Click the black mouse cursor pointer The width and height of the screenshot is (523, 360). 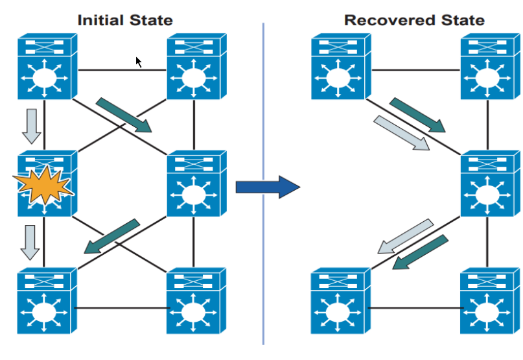pos(139,62)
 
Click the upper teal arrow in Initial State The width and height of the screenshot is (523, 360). pos(124,115)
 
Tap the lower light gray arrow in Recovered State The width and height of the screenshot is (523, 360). pos(406,236)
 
